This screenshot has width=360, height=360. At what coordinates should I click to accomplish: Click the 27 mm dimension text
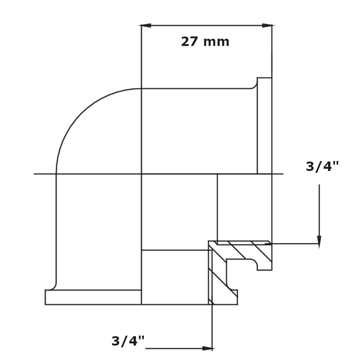pyautogui.click(x=205, y=42)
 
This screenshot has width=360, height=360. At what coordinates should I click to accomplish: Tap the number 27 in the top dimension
pyautogui.click(x=190, y=42)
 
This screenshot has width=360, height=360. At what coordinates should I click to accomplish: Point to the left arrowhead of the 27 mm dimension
pyautogui.click(x=146, y=25)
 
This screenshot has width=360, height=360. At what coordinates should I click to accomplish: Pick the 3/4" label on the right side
pyautogui.click(x=322, y=167)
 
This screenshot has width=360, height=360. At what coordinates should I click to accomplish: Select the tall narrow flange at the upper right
pyautogui.click(x=265, y=126)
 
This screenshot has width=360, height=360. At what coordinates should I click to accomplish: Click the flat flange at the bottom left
pyautogui.click(x=93, y=297)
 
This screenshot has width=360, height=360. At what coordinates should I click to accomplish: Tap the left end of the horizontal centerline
pyautogui.click(x=35, y=174)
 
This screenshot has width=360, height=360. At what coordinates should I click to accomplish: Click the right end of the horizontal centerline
pyautogui.click(x=282, y=174)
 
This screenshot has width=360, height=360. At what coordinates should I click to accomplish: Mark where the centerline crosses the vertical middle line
pyautogui.click(x=142, y=174)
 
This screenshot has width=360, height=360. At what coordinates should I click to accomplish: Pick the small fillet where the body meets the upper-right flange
pyautogui.click(x=254, y=86)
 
